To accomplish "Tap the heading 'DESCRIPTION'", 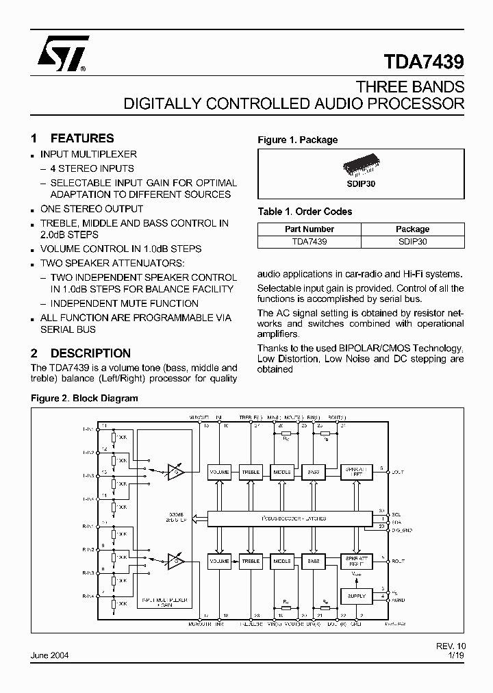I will [90, 353].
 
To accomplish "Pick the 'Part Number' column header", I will [309, 229].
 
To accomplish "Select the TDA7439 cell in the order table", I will [309, 241].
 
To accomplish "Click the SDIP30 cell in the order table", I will [412, 241].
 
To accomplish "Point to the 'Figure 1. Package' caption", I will [297, 140].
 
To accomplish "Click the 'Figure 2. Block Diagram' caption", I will [85, 398].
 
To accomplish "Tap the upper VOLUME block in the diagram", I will [219, 472].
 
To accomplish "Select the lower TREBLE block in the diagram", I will [251, 561].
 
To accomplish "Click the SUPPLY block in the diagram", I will [356, 596].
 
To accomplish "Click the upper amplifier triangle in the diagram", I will [176, 472].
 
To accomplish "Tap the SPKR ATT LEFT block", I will [356, 472].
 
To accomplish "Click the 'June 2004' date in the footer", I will [49, 655].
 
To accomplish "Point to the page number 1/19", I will [455, 655].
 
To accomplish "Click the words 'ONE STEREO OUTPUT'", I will [92, 209].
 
